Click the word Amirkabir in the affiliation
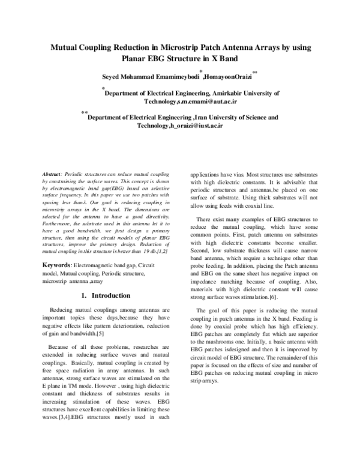pyautogui.click(x=226, y=94)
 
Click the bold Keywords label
pyautogui.click(x=63, y=265)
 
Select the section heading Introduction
pyautogui.click(x=107, y=295)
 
